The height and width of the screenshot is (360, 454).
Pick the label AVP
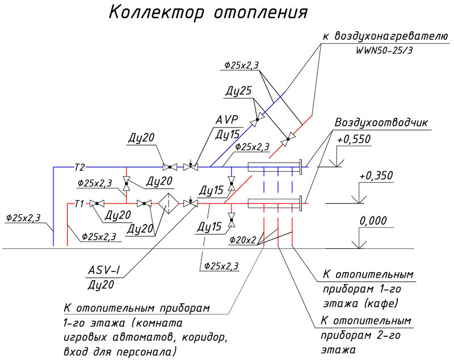(226, 121)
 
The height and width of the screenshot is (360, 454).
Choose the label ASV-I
(105, 270)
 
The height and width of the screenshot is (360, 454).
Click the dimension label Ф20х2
(243, 240)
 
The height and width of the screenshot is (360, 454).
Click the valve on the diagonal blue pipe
(260, 117)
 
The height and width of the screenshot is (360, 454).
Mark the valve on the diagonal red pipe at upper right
(289, 137)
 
